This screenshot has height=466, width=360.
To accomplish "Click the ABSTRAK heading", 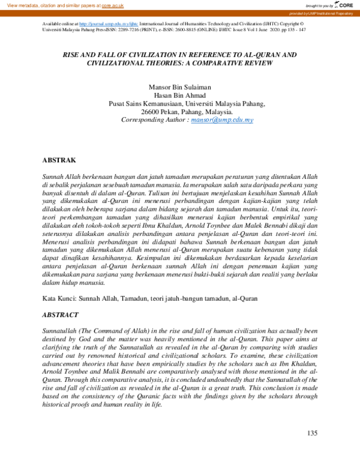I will [59, 161].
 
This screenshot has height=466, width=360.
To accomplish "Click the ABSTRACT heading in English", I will [61, 315].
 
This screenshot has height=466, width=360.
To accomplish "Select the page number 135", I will [311, 434].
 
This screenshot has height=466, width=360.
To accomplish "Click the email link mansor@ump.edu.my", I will [221, 120].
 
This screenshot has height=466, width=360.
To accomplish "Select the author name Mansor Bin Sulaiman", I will [179, 86].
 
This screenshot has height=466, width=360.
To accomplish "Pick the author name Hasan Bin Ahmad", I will [179, 95].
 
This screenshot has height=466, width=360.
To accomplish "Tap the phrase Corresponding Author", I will [152, 120].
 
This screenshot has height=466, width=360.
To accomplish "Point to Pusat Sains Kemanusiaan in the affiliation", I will [148, 103].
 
